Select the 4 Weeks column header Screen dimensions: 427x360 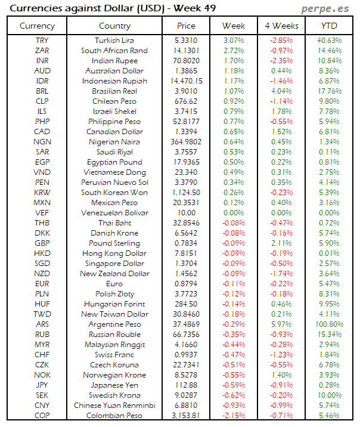[x=281, y=26]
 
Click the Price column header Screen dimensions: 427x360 [x=187, y=26]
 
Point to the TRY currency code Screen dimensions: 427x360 [x=42, y=40]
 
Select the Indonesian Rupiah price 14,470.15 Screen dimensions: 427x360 [x=187, y=81]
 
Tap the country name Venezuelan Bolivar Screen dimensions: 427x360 [x=114, y=212]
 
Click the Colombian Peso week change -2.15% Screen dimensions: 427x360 [x=233, y=415]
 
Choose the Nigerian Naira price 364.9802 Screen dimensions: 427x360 [x=187, y=141]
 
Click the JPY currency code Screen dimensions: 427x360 [x=42, y=385]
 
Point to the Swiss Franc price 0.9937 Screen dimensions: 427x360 [x=187, y=354]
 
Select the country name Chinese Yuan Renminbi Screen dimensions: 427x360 [x=114, y=405]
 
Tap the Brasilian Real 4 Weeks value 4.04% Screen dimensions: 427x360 [x=281, y=91]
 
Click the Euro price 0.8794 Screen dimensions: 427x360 [x=187, y=283]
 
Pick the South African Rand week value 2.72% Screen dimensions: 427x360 [x=233, y=50]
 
